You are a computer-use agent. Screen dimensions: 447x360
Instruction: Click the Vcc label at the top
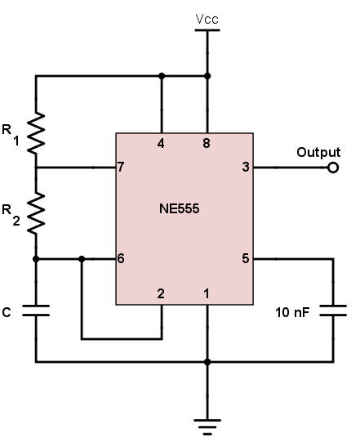point(207,17)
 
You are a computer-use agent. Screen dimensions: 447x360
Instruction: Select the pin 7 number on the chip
point(122,168)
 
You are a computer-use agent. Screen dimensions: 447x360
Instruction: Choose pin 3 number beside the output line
point(246,168)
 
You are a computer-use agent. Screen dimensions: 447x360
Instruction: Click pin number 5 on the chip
point(246,259)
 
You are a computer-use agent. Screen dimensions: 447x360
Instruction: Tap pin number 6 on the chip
point(122,259)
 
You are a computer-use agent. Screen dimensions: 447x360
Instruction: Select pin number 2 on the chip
point(162,292)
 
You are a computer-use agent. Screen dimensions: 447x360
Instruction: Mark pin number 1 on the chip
point(207,292)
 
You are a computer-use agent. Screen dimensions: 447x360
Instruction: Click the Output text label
point(318,152)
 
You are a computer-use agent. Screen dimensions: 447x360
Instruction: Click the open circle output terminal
point(332,168)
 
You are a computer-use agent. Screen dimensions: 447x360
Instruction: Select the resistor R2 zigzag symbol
point(35,212)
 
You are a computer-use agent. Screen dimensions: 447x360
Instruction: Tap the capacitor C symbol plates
point(35,311)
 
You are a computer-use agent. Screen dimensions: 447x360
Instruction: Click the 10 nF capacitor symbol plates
point(333,311)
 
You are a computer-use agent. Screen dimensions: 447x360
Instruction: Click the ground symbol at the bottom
point(207,423)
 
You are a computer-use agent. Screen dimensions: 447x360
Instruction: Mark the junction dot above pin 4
point(162,76)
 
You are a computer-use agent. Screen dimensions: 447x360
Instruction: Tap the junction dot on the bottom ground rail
point(207,360)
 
